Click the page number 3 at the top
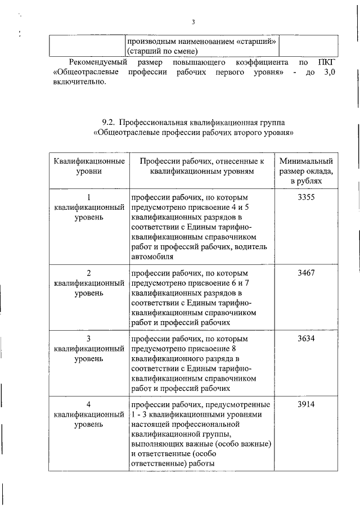(192, 22)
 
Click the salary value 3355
(306, 197)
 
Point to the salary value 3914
(306, 404)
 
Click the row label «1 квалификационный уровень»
(89, 208)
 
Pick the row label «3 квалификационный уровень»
(89, 349)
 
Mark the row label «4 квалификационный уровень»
(89, 415)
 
